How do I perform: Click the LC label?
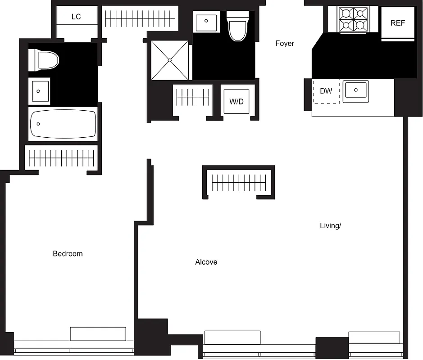(x=76, y=17)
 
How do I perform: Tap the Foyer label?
(x=285, y=44)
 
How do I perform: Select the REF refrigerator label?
(x=397, y=23)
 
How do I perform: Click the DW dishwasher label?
(x=326, y=91)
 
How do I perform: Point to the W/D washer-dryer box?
(x=237, y=102)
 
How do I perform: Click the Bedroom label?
(x=68, y=254)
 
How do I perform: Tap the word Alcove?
(x=206, y=262)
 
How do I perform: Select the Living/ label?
(x=330, y=225)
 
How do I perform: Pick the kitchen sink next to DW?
(x=356, y=91)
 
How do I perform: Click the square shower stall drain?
(x=170, y=60)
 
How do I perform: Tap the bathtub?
(x=63, y=124)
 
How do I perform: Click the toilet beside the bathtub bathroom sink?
(x=44, y=60)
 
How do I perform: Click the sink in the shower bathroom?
(x=207, y=21)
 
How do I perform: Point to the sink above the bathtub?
(x=39, y=90)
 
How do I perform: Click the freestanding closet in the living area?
(x=238, y=182)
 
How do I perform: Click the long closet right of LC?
(x=140, y=18)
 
